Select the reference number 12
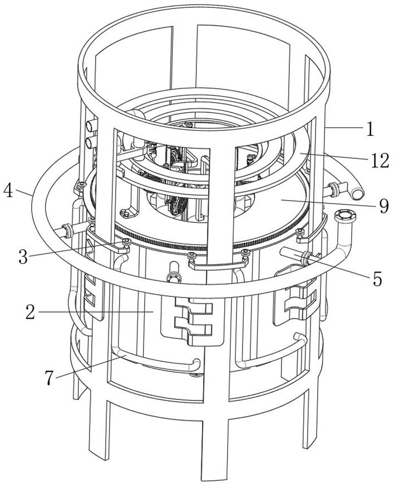[379, 161]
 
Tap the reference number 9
[384, 206]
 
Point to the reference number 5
[377, 279]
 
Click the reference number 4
[8, 191]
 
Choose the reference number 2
[30, 312]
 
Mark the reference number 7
[49, 378]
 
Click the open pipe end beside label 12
[356, 194]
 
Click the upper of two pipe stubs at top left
[91, 126]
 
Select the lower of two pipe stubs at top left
[91, 143]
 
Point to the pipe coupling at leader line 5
[304, 258]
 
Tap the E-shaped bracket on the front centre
[192, 321]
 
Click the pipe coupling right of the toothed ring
[333, 190]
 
